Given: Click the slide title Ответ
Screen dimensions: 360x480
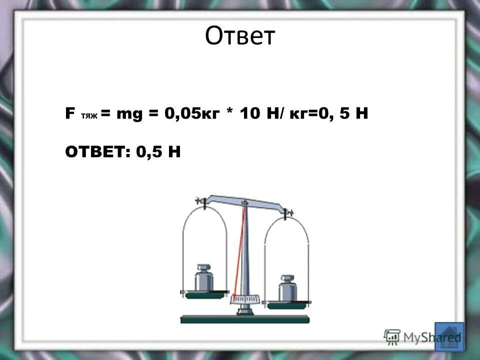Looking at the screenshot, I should pos(240,36).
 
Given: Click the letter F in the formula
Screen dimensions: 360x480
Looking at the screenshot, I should pos(69,113).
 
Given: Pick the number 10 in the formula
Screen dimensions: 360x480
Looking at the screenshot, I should pos(250,114).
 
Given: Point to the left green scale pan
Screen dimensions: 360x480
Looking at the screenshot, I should pos(204,295).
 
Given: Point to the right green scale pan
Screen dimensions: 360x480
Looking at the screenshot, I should pos(288,304).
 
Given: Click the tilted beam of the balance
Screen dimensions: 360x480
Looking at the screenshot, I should pos(245,200).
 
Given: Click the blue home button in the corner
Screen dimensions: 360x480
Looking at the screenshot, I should pos(449,336).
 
